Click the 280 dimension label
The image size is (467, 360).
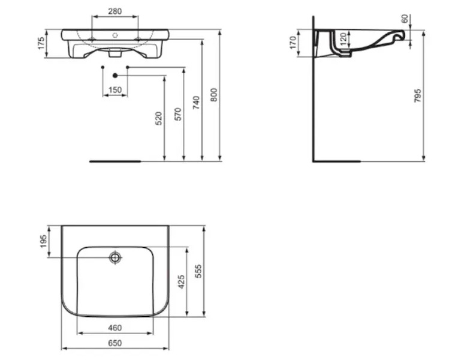[115, 11]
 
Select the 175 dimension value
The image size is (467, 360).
[41, 43]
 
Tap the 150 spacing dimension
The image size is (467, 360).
[115, 90]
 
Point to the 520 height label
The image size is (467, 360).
[159, 118]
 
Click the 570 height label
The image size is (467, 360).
[177, 114]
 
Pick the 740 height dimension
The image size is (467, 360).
[196, 103]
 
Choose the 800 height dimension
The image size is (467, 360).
[214, 95]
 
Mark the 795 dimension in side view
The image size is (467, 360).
[418, 95]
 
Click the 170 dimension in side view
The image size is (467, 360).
[293, 43]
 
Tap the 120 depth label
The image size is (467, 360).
[343, 39]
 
